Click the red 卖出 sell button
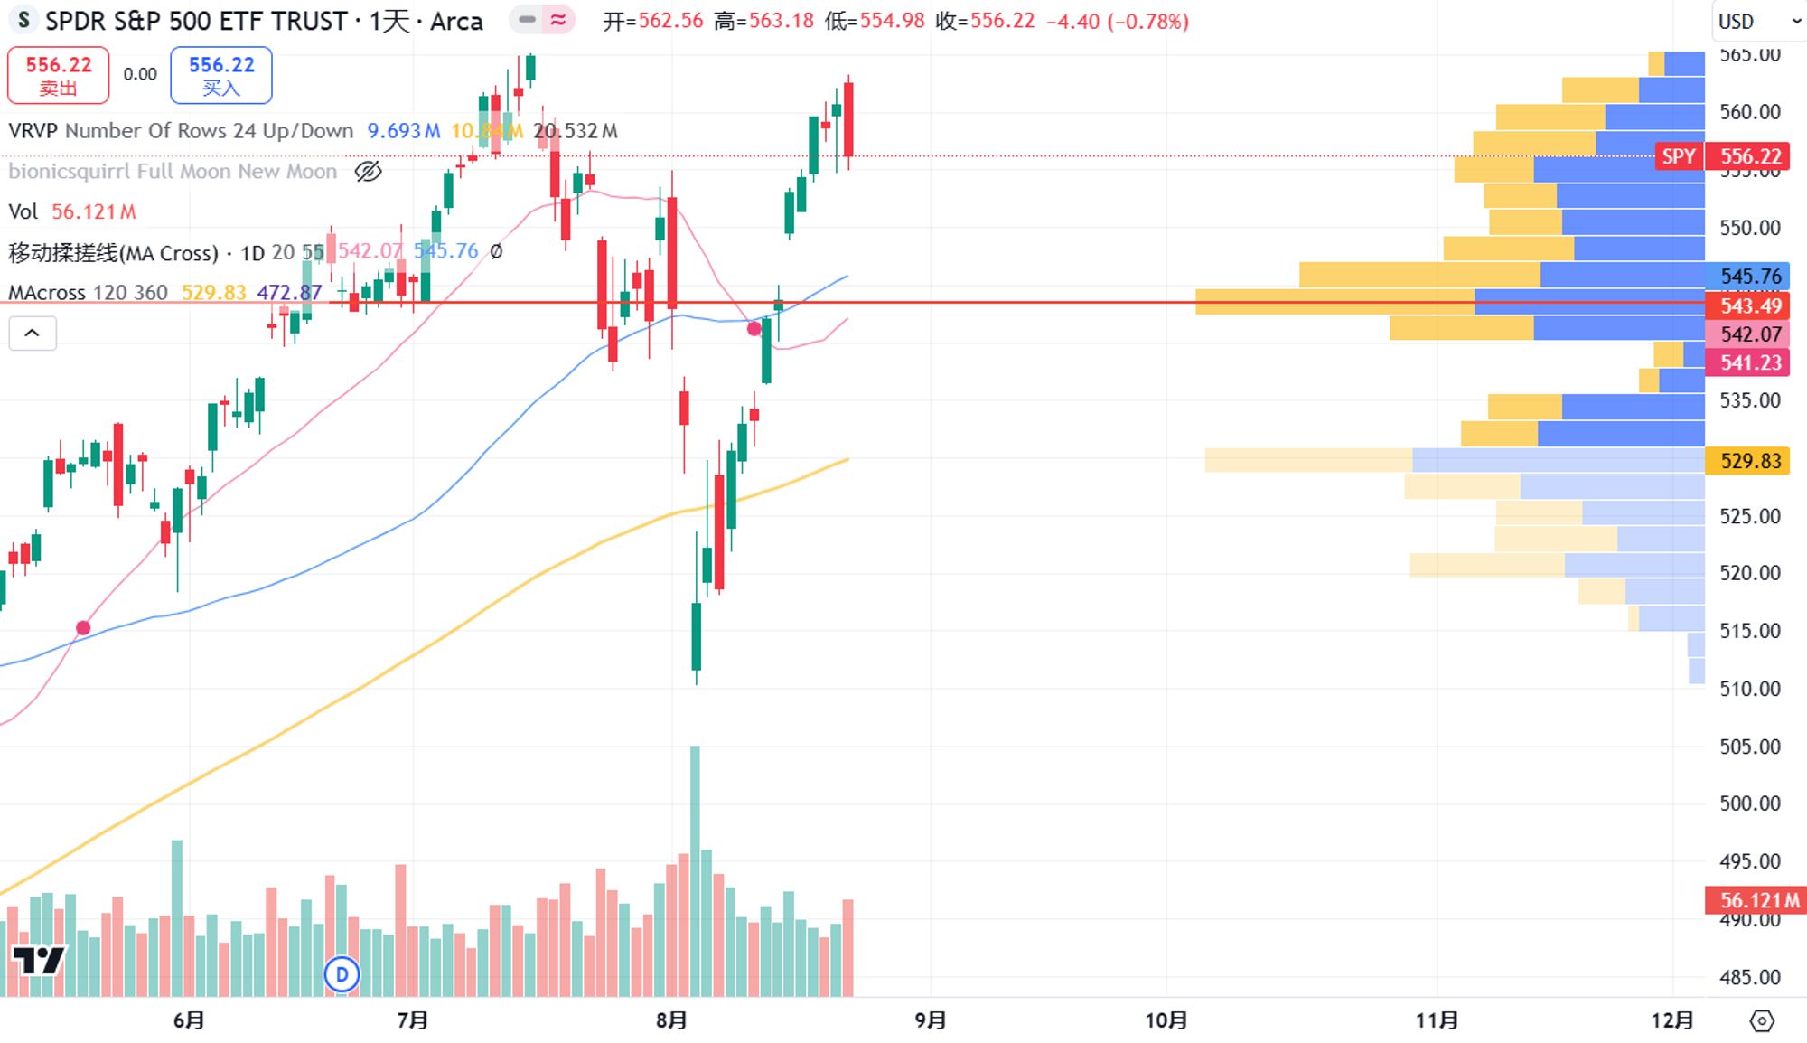[x=59, y=75]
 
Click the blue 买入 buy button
[x=221, y=75]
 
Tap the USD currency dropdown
[x=1756, y=21]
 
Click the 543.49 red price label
[x=1749, y=305]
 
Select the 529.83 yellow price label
[x=1749, y=461]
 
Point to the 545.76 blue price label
[x=1749, y=276]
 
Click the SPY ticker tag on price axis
[x=1679, y=156]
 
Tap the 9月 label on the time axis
[x=931, y=1020]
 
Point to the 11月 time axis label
[x=1437, y=1020]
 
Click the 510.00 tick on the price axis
[x=1749, y=689]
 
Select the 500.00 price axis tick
[x=1749, y=803]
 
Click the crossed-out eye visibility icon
[x=368, y=171]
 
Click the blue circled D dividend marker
[x=342, y=974]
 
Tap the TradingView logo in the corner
[x=39, y=960]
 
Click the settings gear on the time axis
[x=1762, y=1021]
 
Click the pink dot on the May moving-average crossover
[x=83, y=628]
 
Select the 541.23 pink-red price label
[x=1749, y=362]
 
